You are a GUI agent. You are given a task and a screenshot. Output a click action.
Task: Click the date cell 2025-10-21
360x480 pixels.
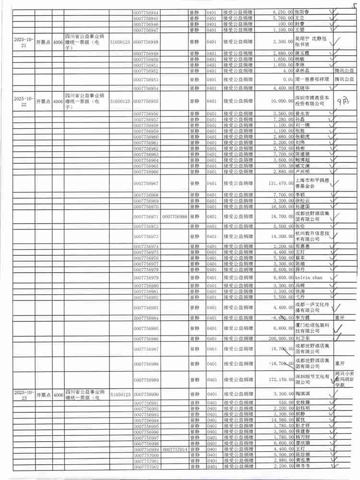pos(24,42)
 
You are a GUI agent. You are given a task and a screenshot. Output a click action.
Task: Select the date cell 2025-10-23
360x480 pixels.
pos(24,394)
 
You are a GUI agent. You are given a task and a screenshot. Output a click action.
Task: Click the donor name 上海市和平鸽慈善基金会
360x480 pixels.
pos(311,183)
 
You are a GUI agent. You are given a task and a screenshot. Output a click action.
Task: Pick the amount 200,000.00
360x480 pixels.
pos(277,339)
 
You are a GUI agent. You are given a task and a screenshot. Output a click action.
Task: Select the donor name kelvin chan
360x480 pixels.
pos(309,278)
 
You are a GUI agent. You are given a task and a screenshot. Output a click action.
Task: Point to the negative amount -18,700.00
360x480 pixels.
pos(277,363)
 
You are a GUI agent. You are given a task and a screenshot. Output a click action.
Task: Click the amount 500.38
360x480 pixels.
pos(283,166)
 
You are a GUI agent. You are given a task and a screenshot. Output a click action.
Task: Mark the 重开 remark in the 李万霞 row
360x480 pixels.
pos(340,318)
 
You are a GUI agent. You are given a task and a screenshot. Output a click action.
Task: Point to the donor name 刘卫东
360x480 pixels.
pos(302,339)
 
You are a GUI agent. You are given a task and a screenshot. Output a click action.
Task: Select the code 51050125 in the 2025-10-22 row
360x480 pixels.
pos(120,101)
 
